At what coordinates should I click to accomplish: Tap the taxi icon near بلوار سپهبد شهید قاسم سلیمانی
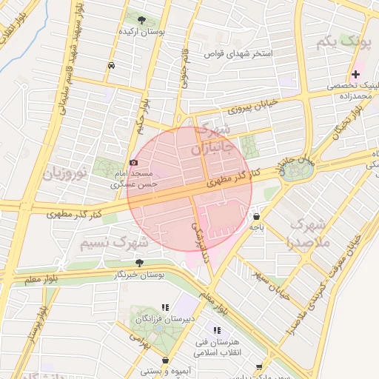pyautogui.click(x=111, y=65)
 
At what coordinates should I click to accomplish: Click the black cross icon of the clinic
pyautogui.click(x=356, y=74)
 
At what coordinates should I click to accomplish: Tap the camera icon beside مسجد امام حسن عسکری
pyautogui.click(x=133, y=162)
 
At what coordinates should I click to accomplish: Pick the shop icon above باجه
pyautogui.click(x=256, y=218)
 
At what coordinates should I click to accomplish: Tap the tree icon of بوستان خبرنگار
pyautogui.click(x=139, y=263)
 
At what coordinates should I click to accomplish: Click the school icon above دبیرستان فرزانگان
pyautogui.click(x=164, y=306)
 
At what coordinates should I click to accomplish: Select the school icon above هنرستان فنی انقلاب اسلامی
pyautogui.click(x=217, y=330)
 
